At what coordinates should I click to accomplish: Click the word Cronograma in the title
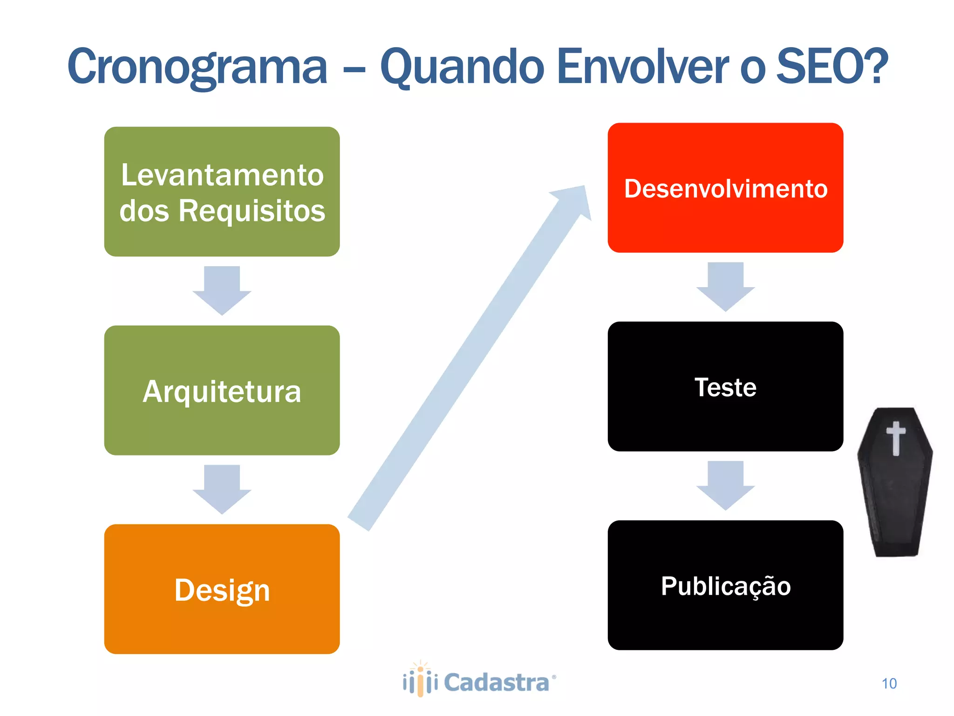click(198, 68)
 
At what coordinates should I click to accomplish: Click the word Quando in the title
click(462, 68)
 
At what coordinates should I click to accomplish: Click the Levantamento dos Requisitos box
click(222, 192)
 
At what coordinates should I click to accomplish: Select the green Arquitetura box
click(222, 390)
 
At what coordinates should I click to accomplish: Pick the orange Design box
click(222, 589)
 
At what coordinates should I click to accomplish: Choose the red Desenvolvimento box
click(725, 188)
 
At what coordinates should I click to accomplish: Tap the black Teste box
click(725, 386)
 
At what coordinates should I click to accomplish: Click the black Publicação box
click(725, 585)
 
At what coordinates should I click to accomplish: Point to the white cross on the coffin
click(895, 437)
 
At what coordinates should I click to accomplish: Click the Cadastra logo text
click(497, 683)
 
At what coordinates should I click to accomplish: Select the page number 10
click(889, 683)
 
